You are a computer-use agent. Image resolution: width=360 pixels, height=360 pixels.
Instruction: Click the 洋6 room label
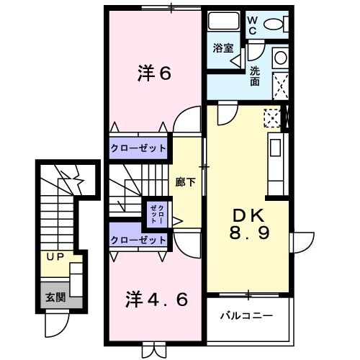coord(154,73)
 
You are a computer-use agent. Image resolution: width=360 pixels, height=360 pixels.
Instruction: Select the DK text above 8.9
coord(248,215)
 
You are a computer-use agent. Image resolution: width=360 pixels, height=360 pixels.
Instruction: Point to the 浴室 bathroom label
coord(222,48)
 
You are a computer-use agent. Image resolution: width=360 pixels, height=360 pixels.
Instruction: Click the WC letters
coord(253,26)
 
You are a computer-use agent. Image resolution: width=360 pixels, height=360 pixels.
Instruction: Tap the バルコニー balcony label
coord(246,315)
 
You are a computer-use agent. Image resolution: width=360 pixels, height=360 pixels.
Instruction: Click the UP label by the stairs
coord(54,257)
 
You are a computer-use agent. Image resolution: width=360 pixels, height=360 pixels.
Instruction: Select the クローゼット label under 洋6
coord(138,148)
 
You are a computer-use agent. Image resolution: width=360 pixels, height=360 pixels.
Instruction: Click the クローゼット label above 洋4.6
coord(138,239)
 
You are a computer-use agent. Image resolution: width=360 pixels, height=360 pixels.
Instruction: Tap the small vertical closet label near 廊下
coord(156,212)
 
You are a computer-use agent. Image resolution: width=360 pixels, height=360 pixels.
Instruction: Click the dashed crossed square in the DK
coord(271,115)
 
